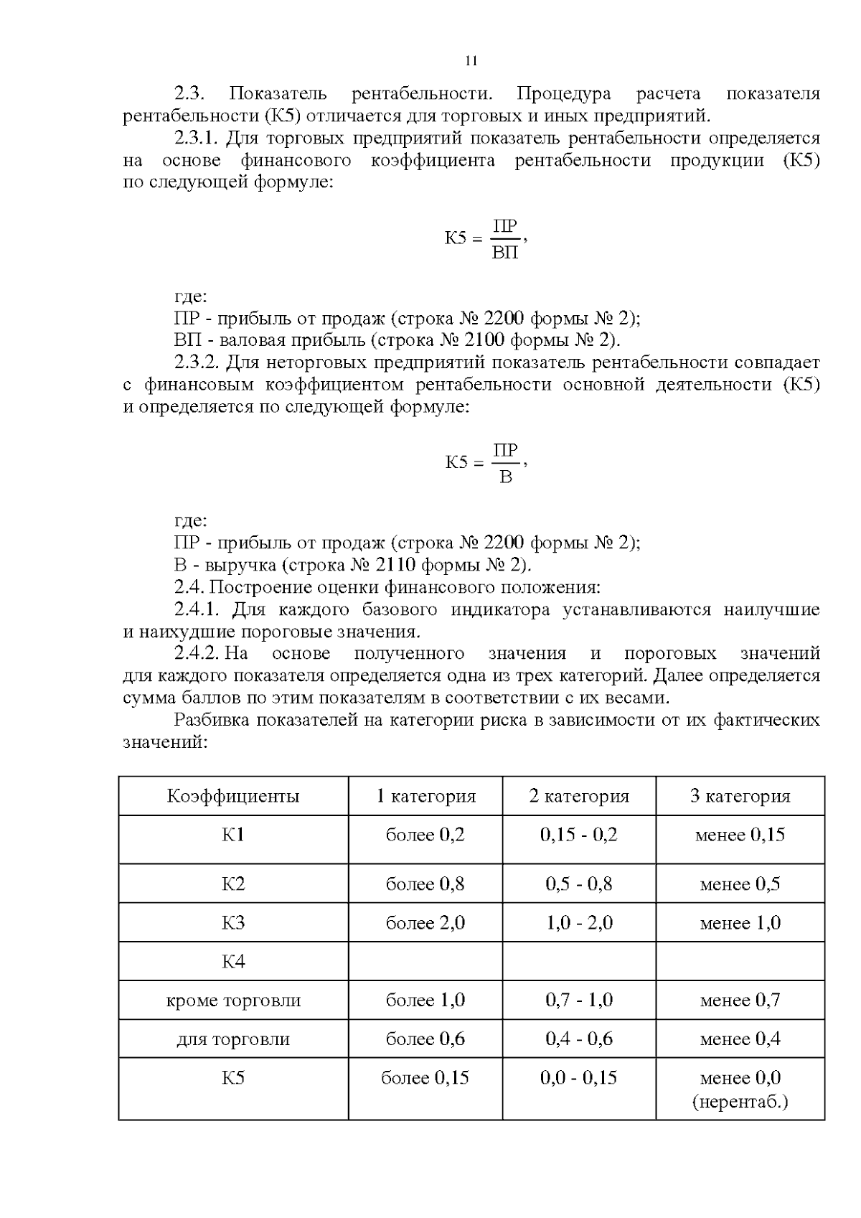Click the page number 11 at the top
click(x=471, y=60)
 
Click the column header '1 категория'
click(x=425, y=796)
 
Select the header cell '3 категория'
click(x=740, y=796)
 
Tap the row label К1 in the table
click(x=233, y=835)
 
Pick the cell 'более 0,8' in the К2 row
click(x=425, y=884)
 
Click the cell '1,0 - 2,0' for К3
click(x=579, y=922)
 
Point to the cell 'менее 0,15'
click(x=740, y=835)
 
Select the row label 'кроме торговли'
click(x=233, y=1000)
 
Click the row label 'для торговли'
click(x=233, y=1039)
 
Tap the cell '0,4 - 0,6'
click(x=579, y=1039)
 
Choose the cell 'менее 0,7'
click(x=740, y=1000)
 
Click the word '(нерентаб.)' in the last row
click(x=740, y=1101)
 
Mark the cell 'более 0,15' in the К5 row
click(x=425, y=1077)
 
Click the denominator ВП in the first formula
click(x=505, y=253)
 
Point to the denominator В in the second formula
click(x=505, y=477)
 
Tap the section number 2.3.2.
click(x=200, y=362)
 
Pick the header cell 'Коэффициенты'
click(x=233, y=796)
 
